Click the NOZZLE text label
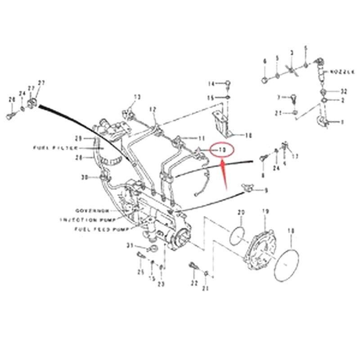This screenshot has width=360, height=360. tap(343, 72)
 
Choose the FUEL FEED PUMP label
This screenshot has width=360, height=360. tap(96, 229)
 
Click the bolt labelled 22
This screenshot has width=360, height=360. tap(193, 266)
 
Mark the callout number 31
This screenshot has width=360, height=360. tap(129, 245)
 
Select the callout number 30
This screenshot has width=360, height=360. tap(84, 177)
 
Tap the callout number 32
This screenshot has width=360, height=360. tap(343, 91)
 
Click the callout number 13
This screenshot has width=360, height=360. tap(137, 96)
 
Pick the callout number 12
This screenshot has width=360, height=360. tap(153, 109)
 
